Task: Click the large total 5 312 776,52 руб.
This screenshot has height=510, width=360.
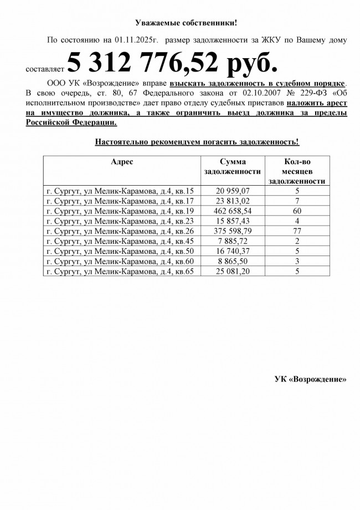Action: coord(172,64)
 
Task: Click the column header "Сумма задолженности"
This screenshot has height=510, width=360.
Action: coord(232,167)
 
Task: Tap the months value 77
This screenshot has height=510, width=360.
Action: coord(297,231)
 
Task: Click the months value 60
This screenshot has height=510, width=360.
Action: coord(297,211)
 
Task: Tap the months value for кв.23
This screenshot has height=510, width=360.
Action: coord(297,221)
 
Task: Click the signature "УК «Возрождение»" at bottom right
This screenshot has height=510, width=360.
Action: coord(311,380)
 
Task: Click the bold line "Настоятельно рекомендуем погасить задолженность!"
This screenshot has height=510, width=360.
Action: coord(197,142)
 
